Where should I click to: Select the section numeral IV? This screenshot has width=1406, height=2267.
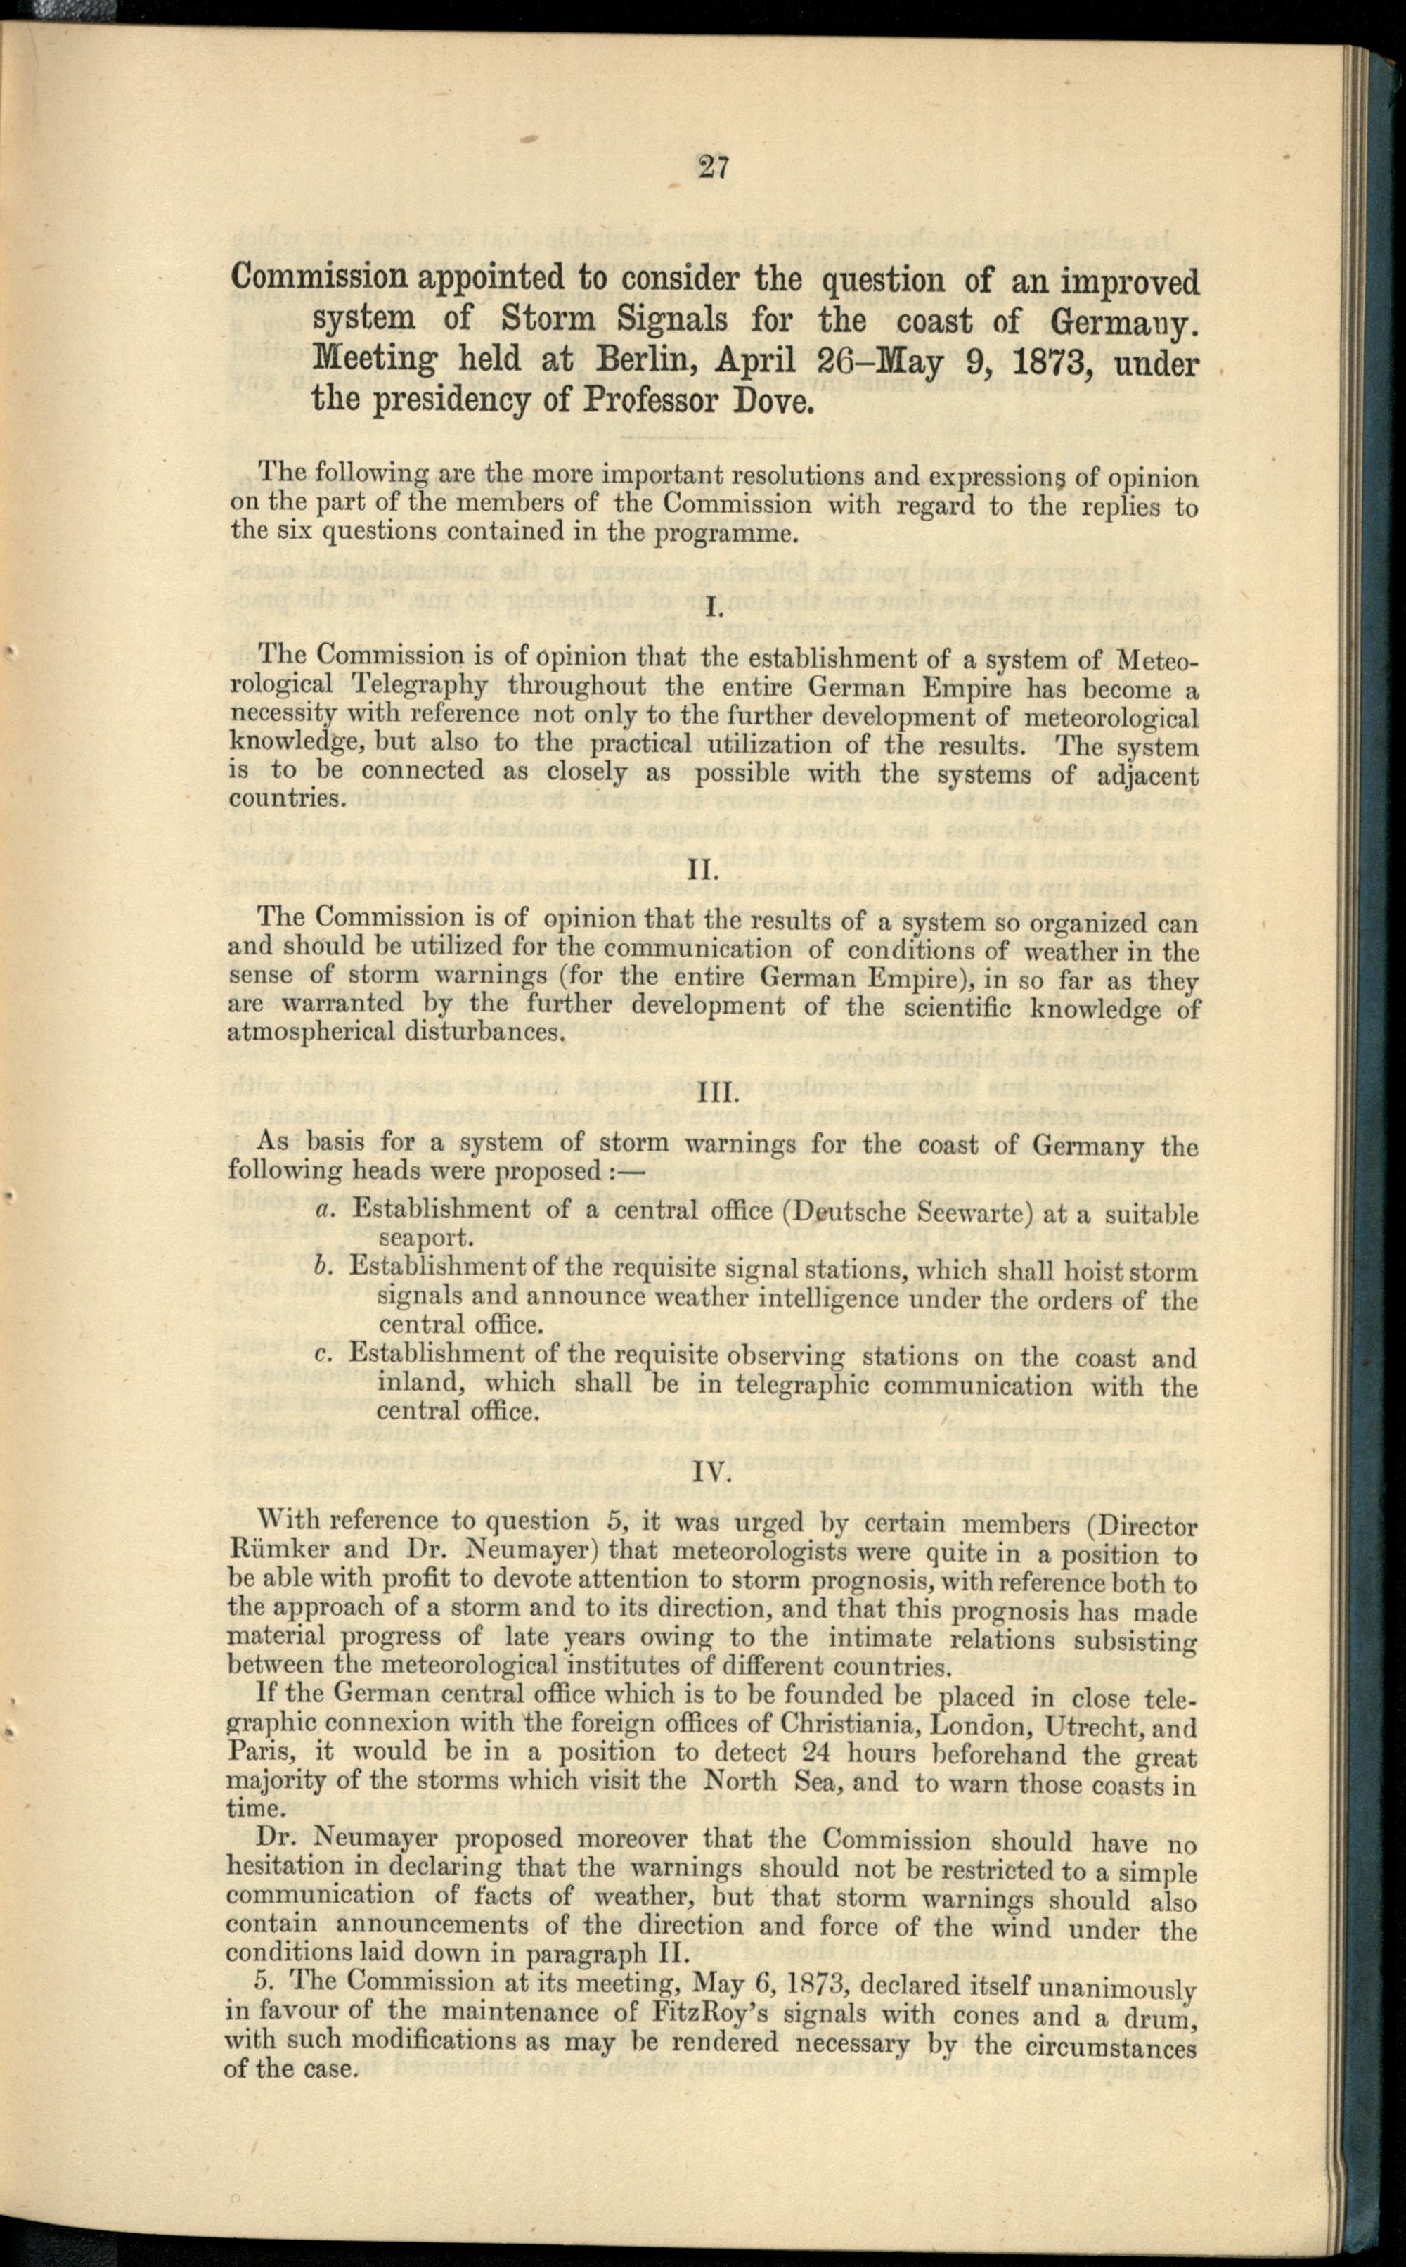pyautogui.click(x=714, y=1474)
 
